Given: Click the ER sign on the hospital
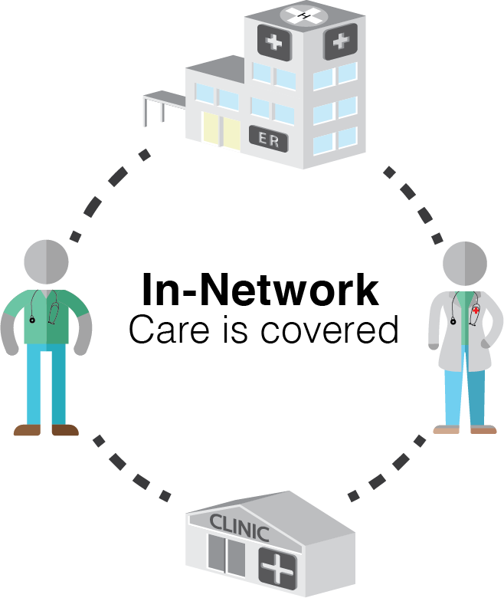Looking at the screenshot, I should (268, 139).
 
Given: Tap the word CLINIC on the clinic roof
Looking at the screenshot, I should (239, 528).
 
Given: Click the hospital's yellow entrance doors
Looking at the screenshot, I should (221, 130).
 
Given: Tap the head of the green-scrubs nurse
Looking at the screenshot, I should (46, 261).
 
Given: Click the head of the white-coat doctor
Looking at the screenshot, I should (465, 263).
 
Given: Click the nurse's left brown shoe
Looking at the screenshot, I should (28, 430).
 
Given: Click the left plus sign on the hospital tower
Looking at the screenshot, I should (273, 42).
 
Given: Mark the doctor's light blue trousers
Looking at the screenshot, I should (465, 395).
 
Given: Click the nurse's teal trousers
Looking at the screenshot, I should (46, 383).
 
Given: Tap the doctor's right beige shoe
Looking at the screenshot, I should (483, 429).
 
